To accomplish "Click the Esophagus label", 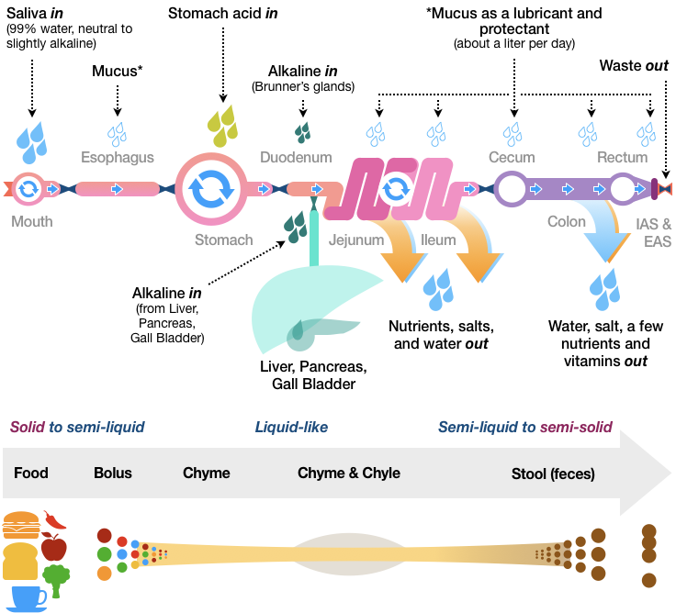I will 117,157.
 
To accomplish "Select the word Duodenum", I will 296,157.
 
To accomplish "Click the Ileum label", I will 438,240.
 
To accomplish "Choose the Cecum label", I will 512,157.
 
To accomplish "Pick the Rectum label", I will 622,157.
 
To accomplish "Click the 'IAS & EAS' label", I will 653,232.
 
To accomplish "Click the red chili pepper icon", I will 55,519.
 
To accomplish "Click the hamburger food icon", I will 21,527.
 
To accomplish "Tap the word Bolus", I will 113,474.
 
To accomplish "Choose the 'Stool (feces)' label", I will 553,474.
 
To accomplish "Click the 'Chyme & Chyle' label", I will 349,474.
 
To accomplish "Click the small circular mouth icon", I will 28,189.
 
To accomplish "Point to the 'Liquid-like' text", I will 291,427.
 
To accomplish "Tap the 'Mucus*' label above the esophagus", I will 118,71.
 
